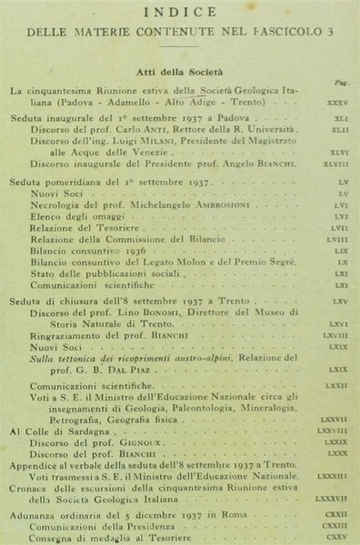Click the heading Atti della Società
[182, 70]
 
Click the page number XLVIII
[334, 164]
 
